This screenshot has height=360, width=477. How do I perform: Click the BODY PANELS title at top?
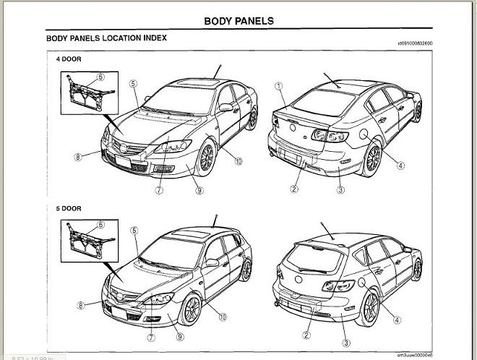[239, 21]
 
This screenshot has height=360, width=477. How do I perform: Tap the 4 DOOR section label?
[69, 59]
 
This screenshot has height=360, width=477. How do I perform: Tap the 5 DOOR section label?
[69, 208]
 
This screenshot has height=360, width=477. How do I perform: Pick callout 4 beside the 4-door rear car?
[400, 166]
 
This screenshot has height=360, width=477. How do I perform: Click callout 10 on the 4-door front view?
[238, 161]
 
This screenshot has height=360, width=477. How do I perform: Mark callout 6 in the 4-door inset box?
[100, 76]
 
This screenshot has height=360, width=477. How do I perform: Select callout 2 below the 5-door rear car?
[306, 335]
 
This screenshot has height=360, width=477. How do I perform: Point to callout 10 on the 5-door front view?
[223, 316]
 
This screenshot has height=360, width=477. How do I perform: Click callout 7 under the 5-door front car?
[151, 336]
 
